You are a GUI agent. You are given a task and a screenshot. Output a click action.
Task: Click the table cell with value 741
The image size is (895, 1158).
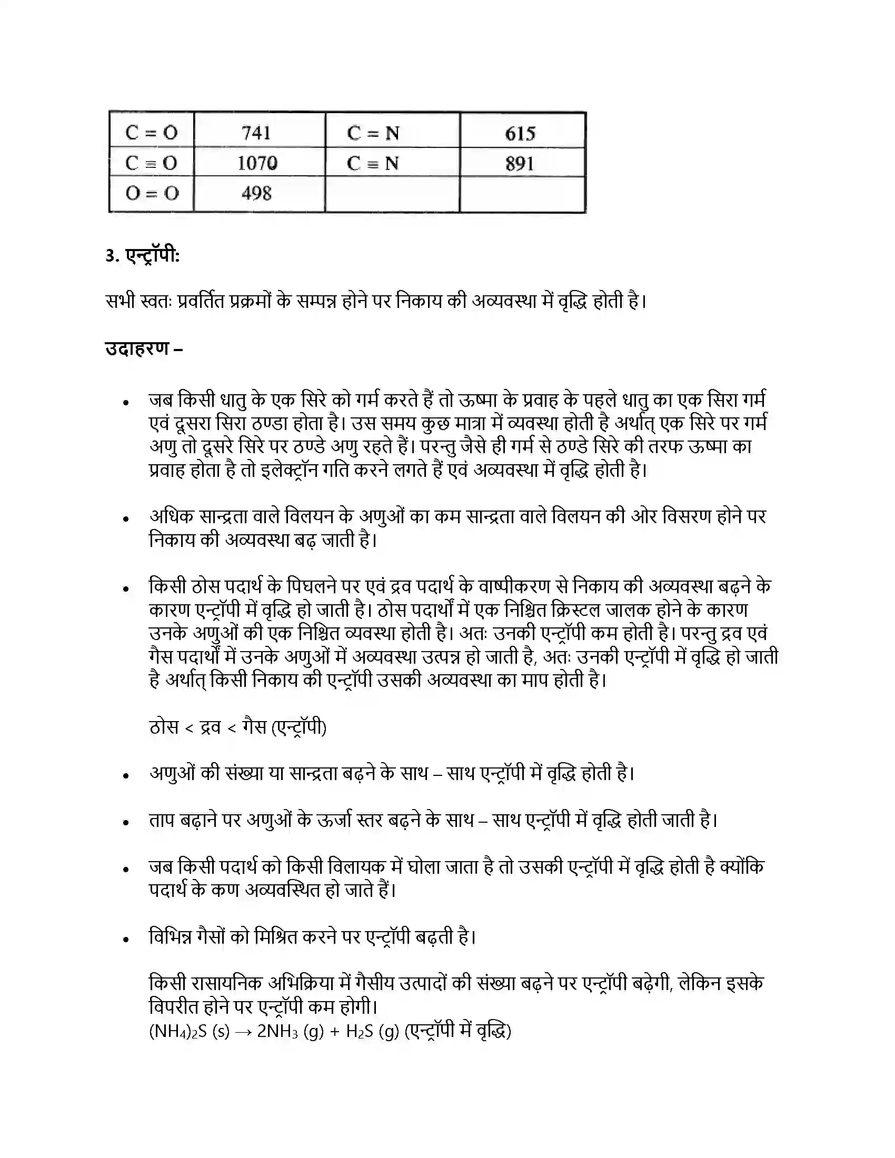pos(257,132)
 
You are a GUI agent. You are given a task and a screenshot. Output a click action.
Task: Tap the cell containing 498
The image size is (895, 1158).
pos(257,194)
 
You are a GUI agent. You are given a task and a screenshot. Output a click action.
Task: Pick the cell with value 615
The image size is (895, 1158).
pos(520,133)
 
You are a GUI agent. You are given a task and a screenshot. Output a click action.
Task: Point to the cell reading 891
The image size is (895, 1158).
pos(520,163)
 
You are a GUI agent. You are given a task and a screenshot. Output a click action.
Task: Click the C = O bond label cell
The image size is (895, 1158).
pos(151,132)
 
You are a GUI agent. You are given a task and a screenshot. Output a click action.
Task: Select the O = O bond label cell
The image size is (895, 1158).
pos(152,194)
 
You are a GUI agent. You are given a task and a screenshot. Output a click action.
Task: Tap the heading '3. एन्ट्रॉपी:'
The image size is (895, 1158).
pos(143,256)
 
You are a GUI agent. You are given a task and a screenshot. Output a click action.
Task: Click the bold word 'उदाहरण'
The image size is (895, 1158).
pos(137,348)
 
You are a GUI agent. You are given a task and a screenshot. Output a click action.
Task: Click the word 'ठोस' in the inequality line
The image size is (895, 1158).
pos(164,727)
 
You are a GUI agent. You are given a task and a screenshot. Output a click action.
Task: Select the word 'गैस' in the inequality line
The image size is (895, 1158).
pos(254,727)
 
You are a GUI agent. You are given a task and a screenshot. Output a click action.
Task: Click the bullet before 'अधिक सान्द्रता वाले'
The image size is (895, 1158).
pos(126,519)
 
